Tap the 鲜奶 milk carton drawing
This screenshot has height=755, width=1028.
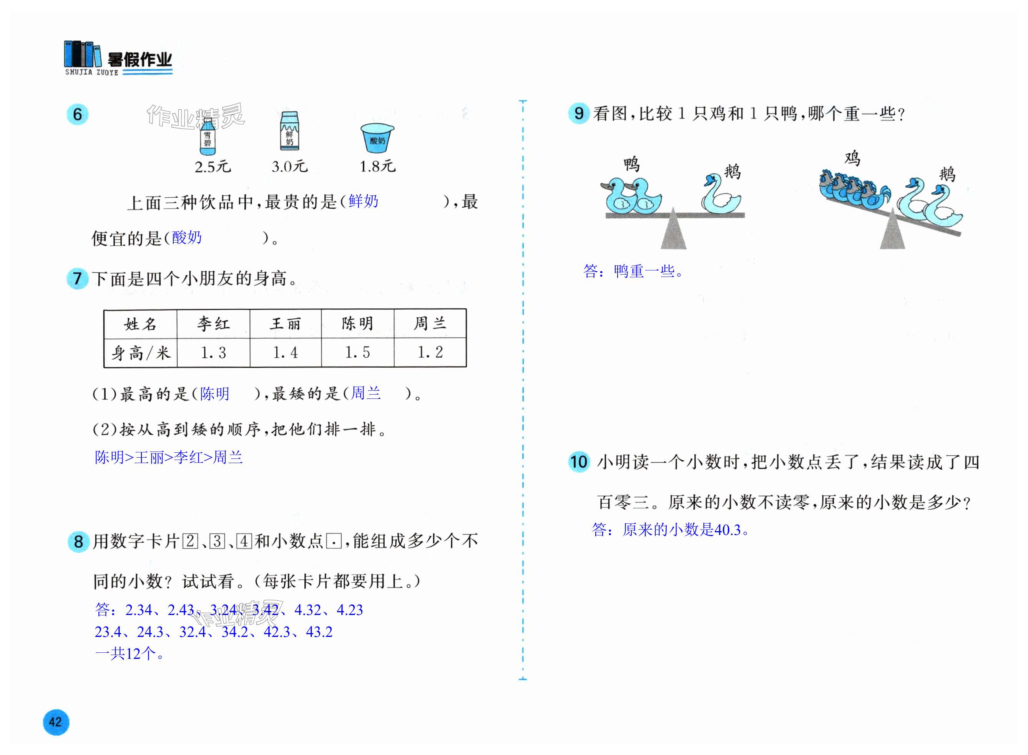(289, 131)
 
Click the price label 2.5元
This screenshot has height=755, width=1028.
(213, 167)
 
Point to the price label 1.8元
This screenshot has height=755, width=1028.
(377, 167)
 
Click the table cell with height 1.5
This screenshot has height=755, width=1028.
(357, 352)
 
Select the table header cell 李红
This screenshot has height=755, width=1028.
(213, 323)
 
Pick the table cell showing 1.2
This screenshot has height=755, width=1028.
(430, 352)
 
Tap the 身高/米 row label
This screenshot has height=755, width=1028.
(141, 353)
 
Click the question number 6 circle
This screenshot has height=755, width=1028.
(78, 114)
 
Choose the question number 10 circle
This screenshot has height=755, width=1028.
(579, 461)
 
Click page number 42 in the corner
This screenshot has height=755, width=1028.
(55, 722)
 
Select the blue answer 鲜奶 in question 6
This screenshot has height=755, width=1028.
(363, 201)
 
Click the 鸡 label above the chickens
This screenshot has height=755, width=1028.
(852, 158)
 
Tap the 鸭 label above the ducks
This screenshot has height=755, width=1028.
(632, 163)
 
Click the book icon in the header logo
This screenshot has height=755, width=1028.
(82, 54)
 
